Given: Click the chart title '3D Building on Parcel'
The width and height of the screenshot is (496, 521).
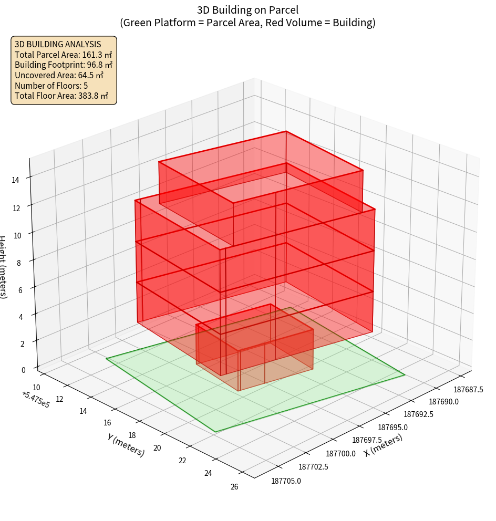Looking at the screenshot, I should coord(247,9).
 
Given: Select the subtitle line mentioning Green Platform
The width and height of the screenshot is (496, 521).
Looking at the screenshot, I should coord(247,23).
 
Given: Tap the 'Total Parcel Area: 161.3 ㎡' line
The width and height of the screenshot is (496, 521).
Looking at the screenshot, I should coord(63,55).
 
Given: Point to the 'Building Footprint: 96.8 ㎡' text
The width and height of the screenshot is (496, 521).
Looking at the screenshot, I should coord(64,65).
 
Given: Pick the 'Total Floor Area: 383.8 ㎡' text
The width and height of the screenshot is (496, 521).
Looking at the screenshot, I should coord(61,96).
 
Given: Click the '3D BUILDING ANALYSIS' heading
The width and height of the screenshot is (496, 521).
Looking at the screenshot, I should coord(58,44).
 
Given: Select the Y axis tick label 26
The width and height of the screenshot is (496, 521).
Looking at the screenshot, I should coord(234,486).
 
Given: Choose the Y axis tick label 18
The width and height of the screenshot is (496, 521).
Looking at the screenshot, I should coord(132,435).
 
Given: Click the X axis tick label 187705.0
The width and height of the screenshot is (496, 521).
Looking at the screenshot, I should coord(286,480).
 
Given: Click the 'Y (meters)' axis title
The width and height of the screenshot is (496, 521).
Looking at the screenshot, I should coord(126,445).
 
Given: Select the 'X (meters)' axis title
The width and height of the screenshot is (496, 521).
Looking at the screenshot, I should coord(383,445).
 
